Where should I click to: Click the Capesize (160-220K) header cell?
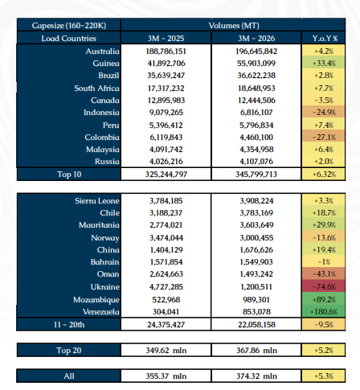[x=69, y=26]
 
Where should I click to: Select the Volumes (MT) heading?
[x=234, y=26]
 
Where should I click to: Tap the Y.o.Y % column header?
[x=324, y=39]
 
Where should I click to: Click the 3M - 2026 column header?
[x=256, y=39]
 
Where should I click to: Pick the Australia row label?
[x=102, y=51]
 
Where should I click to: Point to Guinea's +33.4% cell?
[x=324, y=64]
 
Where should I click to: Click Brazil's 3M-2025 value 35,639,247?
[x=166, y=76]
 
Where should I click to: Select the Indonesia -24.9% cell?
[x=324, y=113]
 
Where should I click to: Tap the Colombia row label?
[x=102, y=138]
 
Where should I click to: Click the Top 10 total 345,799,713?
[x=256, y=174]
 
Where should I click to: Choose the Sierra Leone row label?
[x=97, y=201]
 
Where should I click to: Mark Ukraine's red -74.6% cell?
[x=324, y=287]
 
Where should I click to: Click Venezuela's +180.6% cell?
[x=324, y=312]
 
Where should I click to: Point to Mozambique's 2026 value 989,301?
[x=256, y=300]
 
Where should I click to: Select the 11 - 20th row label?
[x=69, y=325]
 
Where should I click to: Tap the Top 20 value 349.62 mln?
[x=166, y=351]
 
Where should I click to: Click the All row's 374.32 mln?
[x=256, y=376]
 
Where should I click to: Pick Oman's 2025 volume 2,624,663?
[x=166, y=274]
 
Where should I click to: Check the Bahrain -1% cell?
[x=324, y=262]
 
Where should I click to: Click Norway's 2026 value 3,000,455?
[x=256, y=238]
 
